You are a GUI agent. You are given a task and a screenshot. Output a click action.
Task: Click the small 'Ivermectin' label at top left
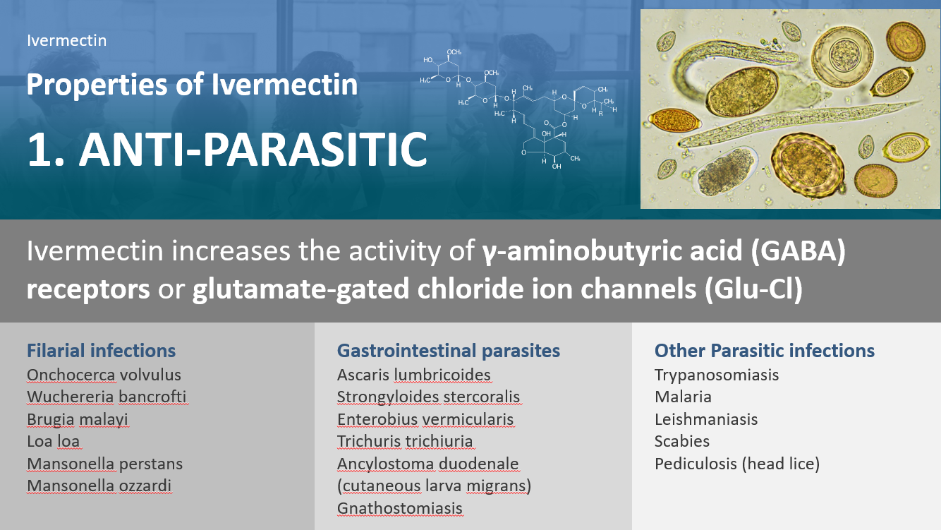tap(67, 40)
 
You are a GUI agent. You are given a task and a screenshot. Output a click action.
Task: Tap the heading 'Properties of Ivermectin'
tap(192, 84)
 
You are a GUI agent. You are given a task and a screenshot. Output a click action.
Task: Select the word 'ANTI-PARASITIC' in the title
tap(253, 149)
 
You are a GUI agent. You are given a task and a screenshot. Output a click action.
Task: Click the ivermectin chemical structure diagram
tap(518, 109)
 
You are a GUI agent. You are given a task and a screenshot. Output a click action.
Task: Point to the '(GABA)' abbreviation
tap(799, 251)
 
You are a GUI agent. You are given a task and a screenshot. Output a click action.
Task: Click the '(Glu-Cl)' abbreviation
tap(753, 289)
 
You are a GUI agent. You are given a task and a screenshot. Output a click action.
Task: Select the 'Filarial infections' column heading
tap(102, 351)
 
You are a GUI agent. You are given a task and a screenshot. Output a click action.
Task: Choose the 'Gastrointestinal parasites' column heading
tap(448, 351)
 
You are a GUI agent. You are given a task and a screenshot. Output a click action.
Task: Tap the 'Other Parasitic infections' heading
tap(765, 351)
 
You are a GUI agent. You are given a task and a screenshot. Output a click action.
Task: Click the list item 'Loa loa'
tap(54, 441)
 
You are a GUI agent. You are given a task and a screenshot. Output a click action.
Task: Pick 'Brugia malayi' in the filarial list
tap(78, 419)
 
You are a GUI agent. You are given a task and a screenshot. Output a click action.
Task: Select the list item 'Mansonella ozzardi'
tap(99, 486)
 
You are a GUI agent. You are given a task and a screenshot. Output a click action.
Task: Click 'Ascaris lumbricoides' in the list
tap(414, 375)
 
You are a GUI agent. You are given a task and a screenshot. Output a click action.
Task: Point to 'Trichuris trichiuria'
tap(405, 441)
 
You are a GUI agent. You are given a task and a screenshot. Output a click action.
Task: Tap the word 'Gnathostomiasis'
tap(400, 508)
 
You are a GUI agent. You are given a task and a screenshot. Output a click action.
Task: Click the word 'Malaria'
tap(683, 397)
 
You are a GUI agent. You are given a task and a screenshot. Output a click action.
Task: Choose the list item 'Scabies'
tap(682, 441)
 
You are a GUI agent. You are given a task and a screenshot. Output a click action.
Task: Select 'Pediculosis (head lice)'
tap(737, 464)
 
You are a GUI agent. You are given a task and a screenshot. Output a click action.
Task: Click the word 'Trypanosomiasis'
tap(717, 375)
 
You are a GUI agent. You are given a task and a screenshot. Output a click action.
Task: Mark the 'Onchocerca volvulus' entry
tap(104, 375)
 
